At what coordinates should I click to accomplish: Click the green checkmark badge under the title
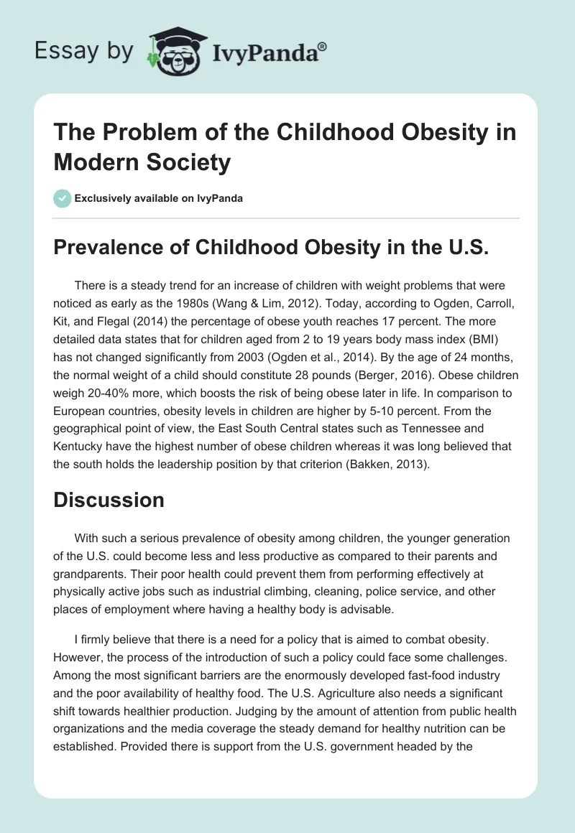click(x=62, y=198)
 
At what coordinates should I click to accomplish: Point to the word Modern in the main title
click(x=93, y=162)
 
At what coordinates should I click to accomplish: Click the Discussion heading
click(x=109, y=500)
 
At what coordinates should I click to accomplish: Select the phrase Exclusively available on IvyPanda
click(x=159, y=198)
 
